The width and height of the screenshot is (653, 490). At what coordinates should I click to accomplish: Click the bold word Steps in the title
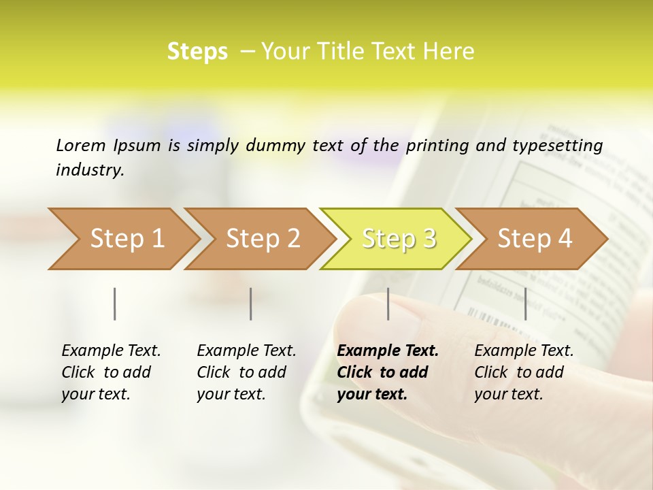click(197, 52)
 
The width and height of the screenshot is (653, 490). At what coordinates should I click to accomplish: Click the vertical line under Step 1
click(115, 304)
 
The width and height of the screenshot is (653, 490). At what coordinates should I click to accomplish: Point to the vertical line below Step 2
click(251, 304)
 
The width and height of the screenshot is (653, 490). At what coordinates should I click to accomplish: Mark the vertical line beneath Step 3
click(388, 304)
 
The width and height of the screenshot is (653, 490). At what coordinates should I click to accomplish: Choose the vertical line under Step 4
click(525, 304)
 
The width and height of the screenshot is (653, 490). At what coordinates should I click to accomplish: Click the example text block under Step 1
click(111, 372)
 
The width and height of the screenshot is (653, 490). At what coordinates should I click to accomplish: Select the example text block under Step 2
click(246, 372)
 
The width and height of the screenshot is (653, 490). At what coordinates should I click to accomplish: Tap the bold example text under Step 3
click(388, 372)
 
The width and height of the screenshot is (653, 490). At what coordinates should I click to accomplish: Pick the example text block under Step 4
click(524, 372)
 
